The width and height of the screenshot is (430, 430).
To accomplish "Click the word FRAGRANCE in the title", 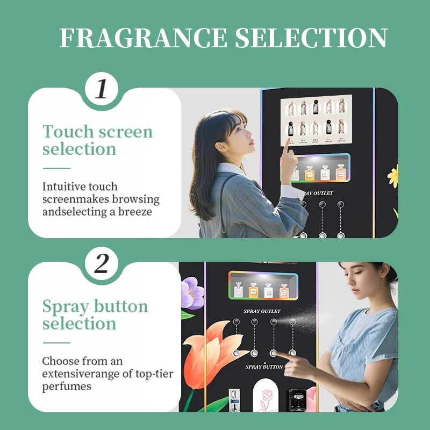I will click(143, 38).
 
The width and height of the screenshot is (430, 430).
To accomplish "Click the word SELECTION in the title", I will click(311, 38).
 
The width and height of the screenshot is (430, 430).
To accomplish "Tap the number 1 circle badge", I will click(101, 89).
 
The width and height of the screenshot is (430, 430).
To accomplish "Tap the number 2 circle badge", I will click(101, 263).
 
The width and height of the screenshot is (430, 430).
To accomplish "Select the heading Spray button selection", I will click(95, 314).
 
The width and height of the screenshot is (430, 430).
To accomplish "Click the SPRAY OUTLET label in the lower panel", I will click(262, 311).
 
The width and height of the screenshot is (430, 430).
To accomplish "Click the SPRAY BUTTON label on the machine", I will click(264, 367).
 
